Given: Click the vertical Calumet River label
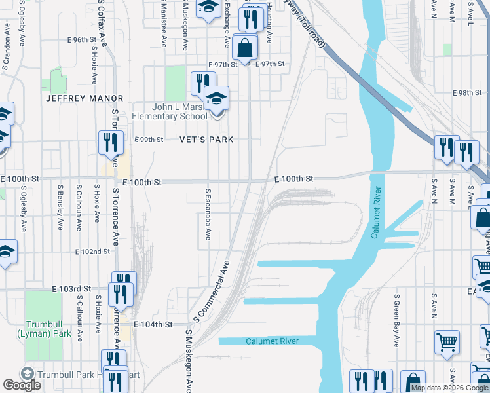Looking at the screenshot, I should tap(376, 214).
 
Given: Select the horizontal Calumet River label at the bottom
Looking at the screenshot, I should tap(273, 341).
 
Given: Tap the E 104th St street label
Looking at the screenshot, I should tap(153, 324).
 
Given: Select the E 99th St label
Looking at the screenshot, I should tap(149, 140).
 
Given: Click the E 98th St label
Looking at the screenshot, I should tap(470, 93).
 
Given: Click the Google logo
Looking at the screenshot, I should tap(22, 385).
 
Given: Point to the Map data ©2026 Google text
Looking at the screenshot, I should tap(449, 388).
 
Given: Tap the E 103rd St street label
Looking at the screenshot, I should tap(71, 289).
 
